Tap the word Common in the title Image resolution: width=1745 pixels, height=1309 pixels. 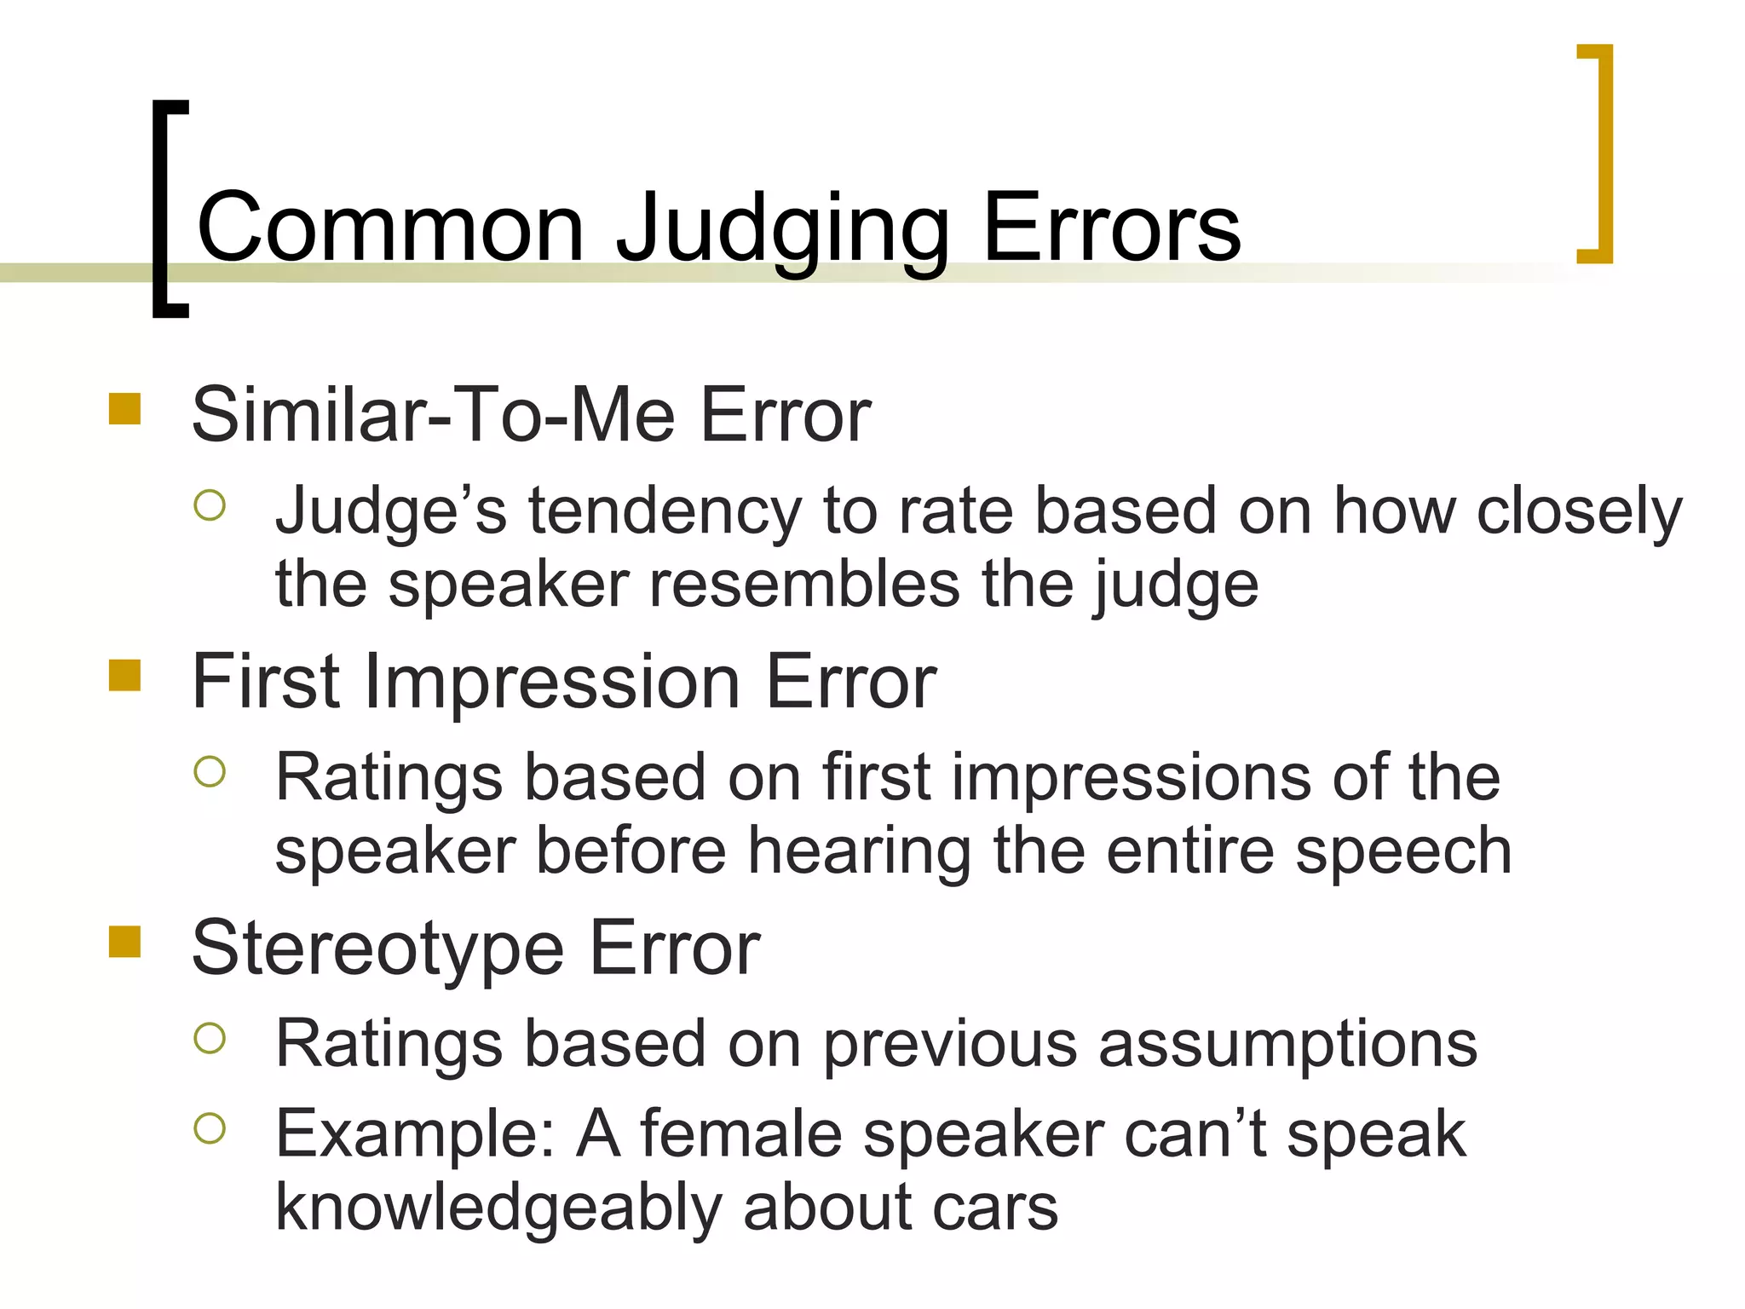pyautogui.click(x=390, y=228)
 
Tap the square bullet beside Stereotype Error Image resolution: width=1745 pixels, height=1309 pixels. pyautogui.click(x=124, y=942)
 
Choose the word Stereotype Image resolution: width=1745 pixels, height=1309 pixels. pyautogui.click(x=377, y=949)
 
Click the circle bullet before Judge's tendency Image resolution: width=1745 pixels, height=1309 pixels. pyautogui.click(x=210, y=505)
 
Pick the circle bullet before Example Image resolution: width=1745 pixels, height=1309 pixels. pyautogui.click(x=210, y=1128)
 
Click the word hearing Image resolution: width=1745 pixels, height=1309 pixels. pyautogui.click(x=859, y=851)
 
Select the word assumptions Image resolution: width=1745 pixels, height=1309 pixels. pyautogui.click(x=1287, y=1044)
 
